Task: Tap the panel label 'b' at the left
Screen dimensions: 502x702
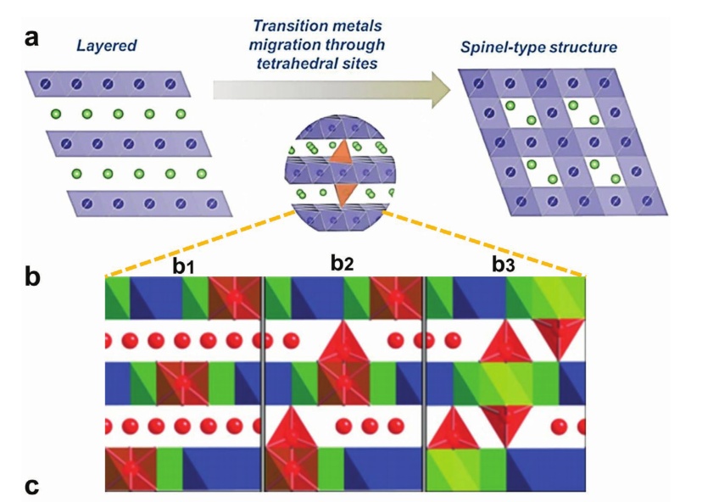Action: [x=31, y=276]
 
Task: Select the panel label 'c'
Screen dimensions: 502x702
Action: [x=31, y=486]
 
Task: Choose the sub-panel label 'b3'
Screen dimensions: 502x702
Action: [x=502, y=265]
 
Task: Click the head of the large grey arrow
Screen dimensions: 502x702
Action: [x=437, y=89]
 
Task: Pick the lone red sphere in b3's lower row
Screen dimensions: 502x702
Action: [x=559, y=426]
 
